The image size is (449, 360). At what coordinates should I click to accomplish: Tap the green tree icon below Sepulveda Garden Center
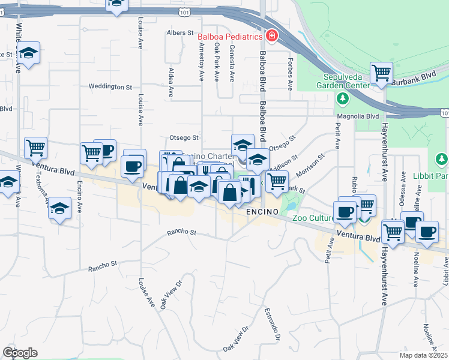coord(343,97)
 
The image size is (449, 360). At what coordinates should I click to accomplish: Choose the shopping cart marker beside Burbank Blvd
coord(381,73)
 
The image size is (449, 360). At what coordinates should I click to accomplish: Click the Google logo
coord(20,353)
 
